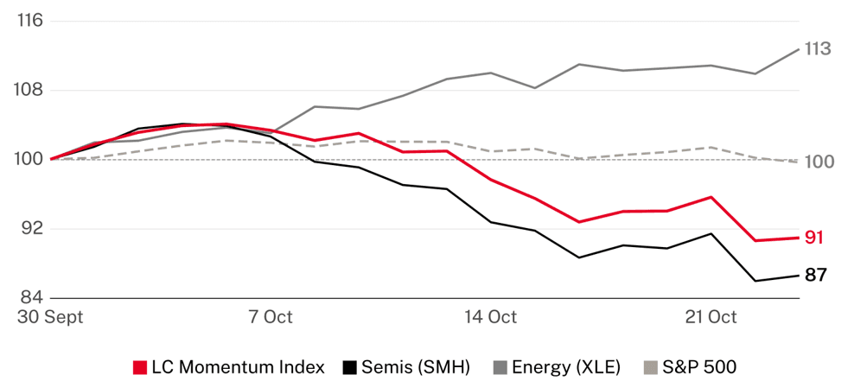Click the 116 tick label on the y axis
pyautogui.click(x=30, y=21)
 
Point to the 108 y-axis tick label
pyautogui.click(x=30, y=90)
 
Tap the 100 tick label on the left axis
pyautogui.click(x=30, y=159)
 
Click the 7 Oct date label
pyautogui.click(x=271, y=317)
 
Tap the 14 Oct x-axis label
pyautogui.click(x=490, y=317)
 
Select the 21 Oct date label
pyautogui.click(x=711, y=317)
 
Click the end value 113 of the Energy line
pyautogui.click(x=818, y=49)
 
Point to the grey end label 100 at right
pyautogui.click(x=818, y=162)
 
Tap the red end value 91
pyautogui.click(x=814, y=238)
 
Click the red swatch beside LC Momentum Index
pyautogui.click(x=140, y=367)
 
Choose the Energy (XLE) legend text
pyautogui.click(x=564, y=367)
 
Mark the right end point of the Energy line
pyautogui.click(x=799, y=49)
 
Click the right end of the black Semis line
pyautogui.click(x=799, y=276)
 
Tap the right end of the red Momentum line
pyautogui.click(x=799, y=238)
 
